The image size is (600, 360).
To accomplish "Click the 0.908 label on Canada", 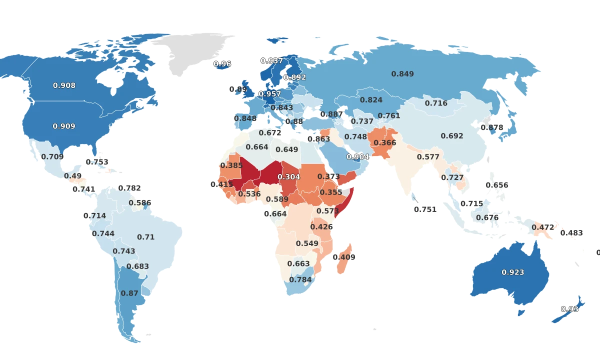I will pos(64,85).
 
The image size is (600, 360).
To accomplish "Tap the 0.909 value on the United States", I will pos(64,126).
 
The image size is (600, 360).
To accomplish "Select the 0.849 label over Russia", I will pos(402,74).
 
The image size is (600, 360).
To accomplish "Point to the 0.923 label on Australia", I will pos(513,272).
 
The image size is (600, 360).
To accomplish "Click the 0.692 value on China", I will pos(452,136).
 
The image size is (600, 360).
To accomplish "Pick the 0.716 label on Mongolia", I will pos(436,103).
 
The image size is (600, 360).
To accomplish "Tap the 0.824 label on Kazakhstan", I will pos(371,100).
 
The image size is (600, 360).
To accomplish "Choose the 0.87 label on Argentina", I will pos(129,293).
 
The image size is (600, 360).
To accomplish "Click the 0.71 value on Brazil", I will pos(146,237).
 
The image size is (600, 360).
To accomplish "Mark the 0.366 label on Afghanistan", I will pos(384,143).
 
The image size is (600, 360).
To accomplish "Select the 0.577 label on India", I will pos(428,157).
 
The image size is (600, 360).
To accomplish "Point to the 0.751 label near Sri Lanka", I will pos(425,210).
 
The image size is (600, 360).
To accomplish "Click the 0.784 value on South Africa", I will pos(300,279).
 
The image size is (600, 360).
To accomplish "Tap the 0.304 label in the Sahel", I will pos(288,177).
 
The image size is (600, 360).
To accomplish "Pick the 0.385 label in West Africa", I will pos(231,165).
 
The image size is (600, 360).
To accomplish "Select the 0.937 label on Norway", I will pos(272,61).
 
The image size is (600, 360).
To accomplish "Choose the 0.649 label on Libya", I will pos(287,149).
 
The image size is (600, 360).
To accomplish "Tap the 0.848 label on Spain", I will pos(245,118).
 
